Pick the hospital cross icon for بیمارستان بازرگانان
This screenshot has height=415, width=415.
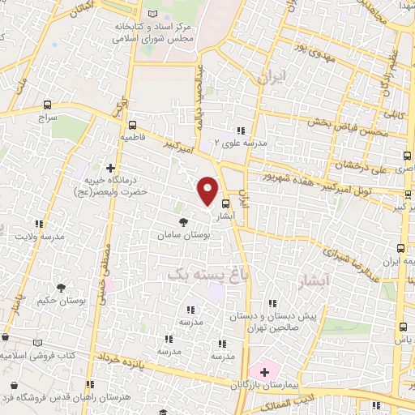coord(263,370)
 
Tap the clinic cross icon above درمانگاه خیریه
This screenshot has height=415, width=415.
coord(110,169)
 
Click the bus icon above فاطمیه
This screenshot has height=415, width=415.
coord(132,125)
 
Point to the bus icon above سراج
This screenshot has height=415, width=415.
coord(48,105)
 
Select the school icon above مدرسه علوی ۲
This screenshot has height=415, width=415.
coord(240,130)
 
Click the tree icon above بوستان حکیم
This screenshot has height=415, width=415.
coord(62,287)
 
